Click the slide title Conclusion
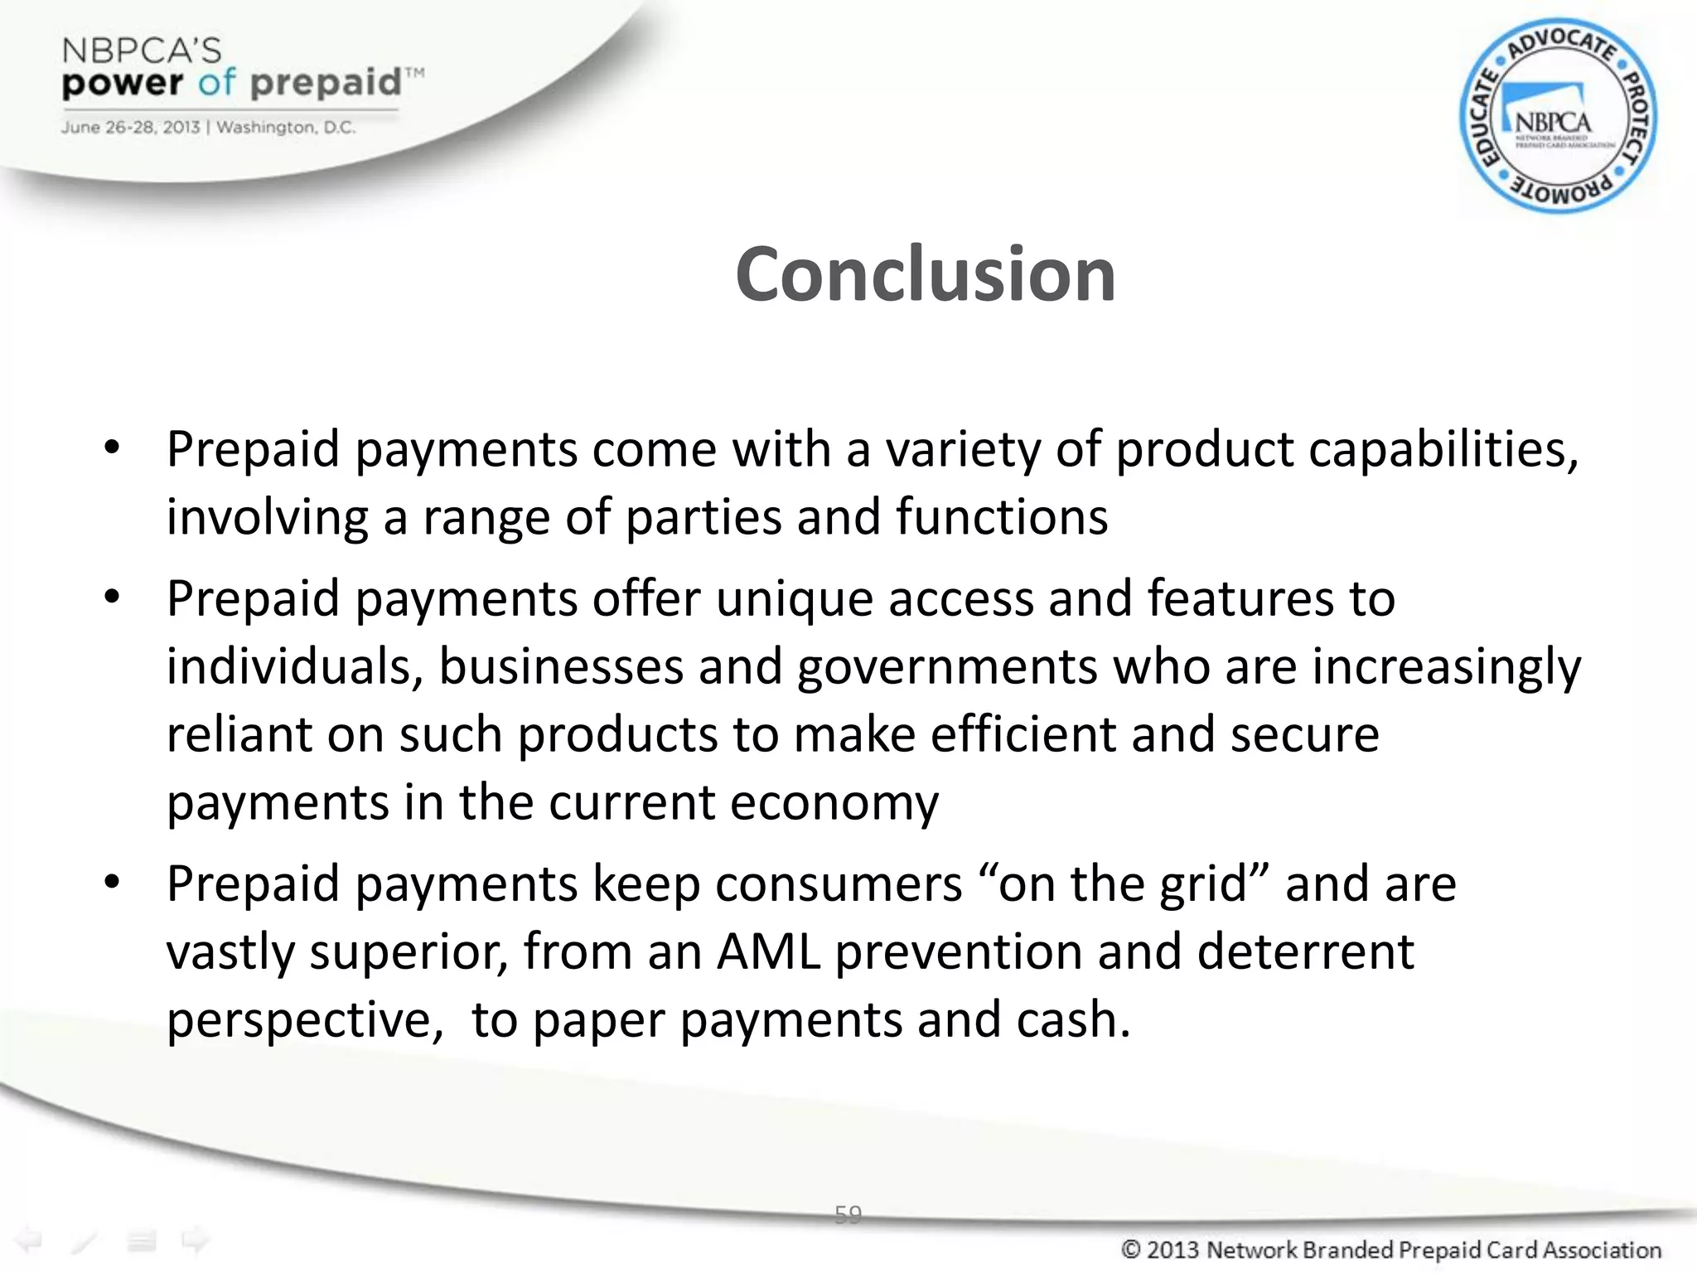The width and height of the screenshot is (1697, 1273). point(925,274)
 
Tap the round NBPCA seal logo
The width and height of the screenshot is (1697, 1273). point(1558,116)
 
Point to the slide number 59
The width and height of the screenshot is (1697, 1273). point(848,1215)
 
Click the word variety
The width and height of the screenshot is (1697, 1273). point(963,450)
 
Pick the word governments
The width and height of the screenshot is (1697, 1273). point(947,667)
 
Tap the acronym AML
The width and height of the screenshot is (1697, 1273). point(768,952)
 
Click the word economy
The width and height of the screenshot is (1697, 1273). point(834,803)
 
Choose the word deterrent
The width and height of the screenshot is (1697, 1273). point(1305,952)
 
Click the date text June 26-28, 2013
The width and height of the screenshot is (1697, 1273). point(130,128)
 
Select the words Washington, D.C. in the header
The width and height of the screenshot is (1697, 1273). point(286,128)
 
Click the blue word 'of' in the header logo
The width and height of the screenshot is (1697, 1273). point(217,83)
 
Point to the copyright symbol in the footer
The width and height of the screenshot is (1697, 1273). point(1130,1250)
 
